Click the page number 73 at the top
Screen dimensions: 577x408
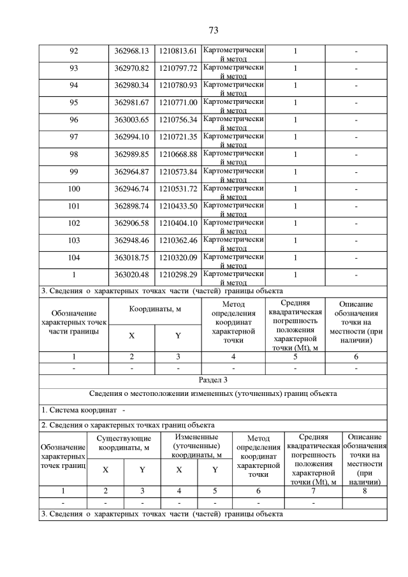[214, 30]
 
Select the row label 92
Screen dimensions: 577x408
[73, 51]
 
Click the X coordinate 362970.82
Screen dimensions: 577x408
[131, 68]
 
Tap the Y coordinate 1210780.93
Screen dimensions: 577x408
[178, 85]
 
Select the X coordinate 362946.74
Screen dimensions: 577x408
[131, 189]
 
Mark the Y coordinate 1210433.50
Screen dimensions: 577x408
[178, 206]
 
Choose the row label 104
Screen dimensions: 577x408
[73, 258]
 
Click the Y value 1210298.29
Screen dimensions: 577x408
[178, 275]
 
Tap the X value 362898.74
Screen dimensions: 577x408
[131, 206]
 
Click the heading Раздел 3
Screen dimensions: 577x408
[214, 381]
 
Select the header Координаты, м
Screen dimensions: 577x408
[155, 309]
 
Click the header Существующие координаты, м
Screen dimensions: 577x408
[124, 443]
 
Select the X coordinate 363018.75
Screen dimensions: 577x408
[131, 258]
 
